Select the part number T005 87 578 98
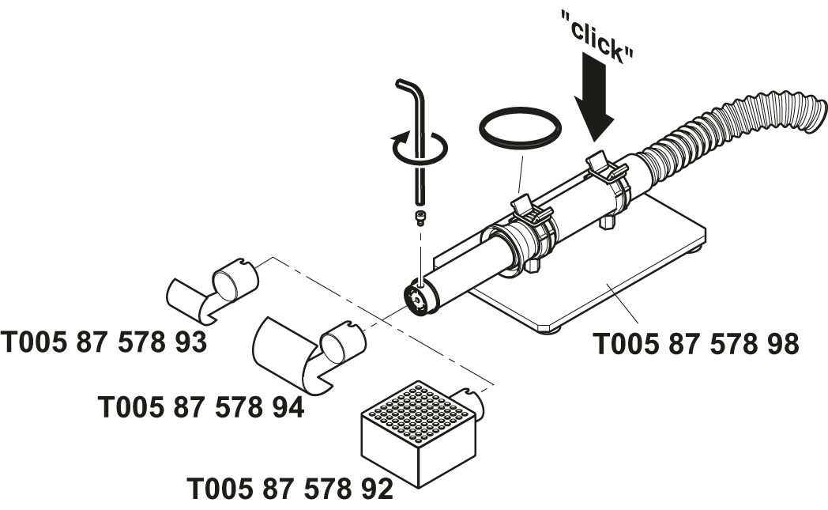click(696, 345)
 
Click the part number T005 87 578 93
click(103, 342)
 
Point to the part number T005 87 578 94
click(201, 408)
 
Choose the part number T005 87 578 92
click(290, 489)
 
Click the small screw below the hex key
click(419, 216)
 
